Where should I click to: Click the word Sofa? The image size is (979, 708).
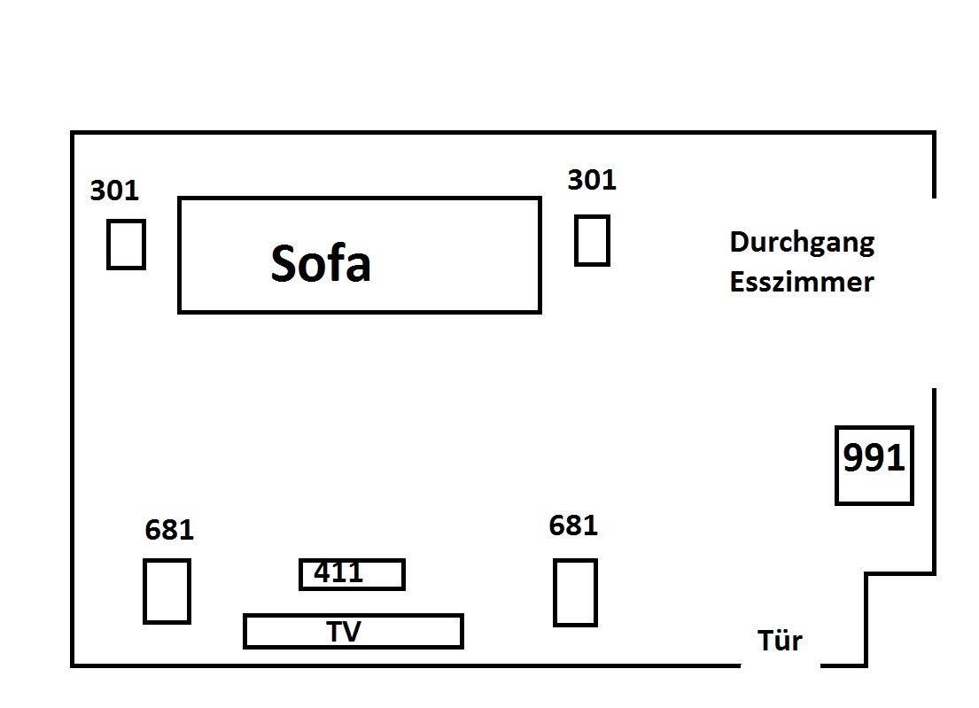tap(320, 262)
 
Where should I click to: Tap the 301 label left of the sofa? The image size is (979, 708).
tap(114, 191)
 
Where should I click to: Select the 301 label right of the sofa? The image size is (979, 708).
tap(591, 180)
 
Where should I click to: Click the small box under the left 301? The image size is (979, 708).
tap(126, 244)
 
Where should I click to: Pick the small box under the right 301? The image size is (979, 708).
tap(592, 240)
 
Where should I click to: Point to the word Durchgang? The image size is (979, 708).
tap(802, 243)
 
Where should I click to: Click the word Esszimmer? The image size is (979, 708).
tap(802, 282)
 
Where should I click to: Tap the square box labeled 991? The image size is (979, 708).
tap(874, 466)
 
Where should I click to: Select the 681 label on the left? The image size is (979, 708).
tap(168, 530)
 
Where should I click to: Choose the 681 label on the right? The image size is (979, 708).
tap(573, 525)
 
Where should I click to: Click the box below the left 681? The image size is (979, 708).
tap(167, 591)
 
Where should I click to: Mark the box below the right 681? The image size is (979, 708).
tap(575, 592)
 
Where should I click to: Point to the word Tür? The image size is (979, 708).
tap(780, 640)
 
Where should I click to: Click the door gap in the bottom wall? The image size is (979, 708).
tap(781, 665)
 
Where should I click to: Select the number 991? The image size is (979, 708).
tap(874, 459)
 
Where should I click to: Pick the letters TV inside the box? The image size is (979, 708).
tap(344, 631)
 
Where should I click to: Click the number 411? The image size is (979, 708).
tap(338, 572)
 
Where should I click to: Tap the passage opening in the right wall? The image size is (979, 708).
tap(935, 292)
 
